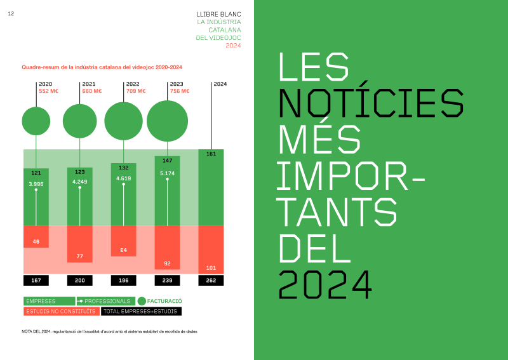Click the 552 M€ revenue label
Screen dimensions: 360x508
coord(48,91)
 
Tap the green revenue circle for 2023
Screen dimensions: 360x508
coord(167,121)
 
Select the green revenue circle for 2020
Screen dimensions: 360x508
coord(36,121)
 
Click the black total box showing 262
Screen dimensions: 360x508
coord(211,280)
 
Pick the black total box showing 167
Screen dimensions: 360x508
coord(36,280)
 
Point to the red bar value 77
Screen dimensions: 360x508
coord(80,256)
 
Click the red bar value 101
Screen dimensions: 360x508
coord(211,267)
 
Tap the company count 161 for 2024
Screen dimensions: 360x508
coord(211,154)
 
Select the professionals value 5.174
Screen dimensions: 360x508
coord(167,173)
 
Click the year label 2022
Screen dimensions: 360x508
coord(133,84)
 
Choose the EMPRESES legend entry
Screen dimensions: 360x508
coord(49,301)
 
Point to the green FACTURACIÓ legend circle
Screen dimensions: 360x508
coord(142,301)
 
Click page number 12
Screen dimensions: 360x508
coord(11,14)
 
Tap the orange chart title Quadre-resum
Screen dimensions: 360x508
coord(102,67)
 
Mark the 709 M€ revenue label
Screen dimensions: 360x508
coord(136,91)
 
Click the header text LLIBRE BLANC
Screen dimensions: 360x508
coord(219,13)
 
